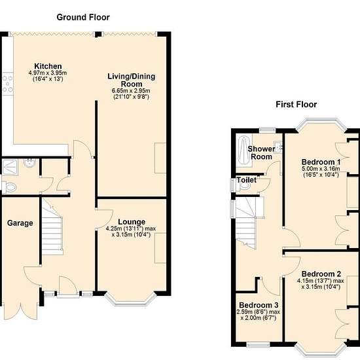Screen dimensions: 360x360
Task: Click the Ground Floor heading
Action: [x=83, y=18]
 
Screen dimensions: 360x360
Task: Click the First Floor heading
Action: [x=296, y=105]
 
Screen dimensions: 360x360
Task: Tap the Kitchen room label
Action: [x=48, y=66]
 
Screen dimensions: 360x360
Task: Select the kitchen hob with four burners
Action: [x=8, y=84]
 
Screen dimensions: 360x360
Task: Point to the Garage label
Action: [x=20, y=223]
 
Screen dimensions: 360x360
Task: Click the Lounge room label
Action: [x=132, y=222]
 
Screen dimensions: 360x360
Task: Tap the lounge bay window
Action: [x=131, y=300]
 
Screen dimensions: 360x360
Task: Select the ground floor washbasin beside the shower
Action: [x=29, y=164]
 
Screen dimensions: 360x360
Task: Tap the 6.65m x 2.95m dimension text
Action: [x=131, y=91]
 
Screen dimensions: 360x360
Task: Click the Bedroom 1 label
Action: [x=321, y=162]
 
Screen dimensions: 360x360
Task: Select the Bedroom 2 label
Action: [x=321, y=274]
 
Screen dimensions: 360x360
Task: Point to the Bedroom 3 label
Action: [x=259, y=305]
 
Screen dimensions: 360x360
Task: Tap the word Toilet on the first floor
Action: [x=246, y=180]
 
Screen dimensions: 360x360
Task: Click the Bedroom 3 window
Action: [x=258, y=344]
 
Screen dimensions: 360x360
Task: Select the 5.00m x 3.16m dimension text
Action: [x=321, y=169]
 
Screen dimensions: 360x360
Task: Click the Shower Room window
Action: [x=268, y=130]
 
